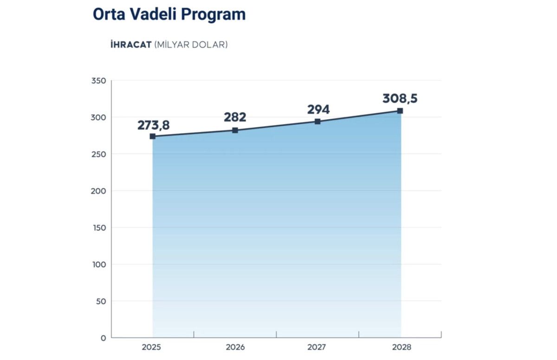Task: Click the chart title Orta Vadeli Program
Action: point(169,14)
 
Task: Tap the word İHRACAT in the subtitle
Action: point(131,45)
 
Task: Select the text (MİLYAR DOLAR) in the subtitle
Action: point(191,45)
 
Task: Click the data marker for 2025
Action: point(153,136)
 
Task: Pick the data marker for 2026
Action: point(235,130)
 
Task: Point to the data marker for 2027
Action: point(317,122)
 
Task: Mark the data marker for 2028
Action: point(400,111)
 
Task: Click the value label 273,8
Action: point(153,125)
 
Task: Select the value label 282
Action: point(235,117)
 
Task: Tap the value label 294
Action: point(318,109)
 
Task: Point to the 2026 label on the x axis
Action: point(235,347)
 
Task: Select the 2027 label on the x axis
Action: point(317,347)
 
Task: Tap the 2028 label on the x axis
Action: point(401,347)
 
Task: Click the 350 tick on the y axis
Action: point(99,81)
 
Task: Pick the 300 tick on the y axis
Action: point(99,118)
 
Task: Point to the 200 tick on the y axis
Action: point(99,191)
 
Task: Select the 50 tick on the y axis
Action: point(101,302)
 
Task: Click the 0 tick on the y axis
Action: point(103,338)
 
